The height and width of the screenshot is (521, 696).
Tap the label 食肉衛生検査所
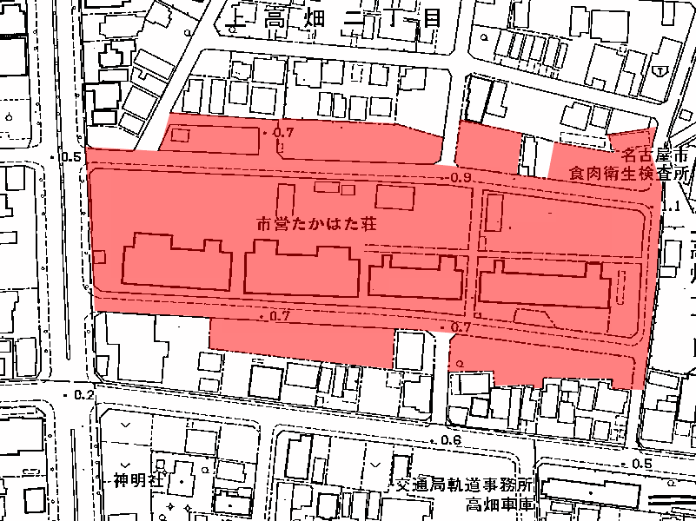click(627, 174)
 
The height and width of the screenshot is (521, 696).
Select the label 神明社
click(132, 479)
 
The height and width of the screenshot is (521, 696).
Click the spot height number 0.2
click(83, 394)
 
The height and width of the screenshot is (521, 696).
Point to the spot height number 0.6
click(451, 440)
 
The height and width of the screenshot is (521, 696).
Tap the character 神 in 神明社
click(119, 479)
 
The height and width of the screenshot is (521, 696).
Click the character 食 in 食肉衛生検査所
click(575, 174)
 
